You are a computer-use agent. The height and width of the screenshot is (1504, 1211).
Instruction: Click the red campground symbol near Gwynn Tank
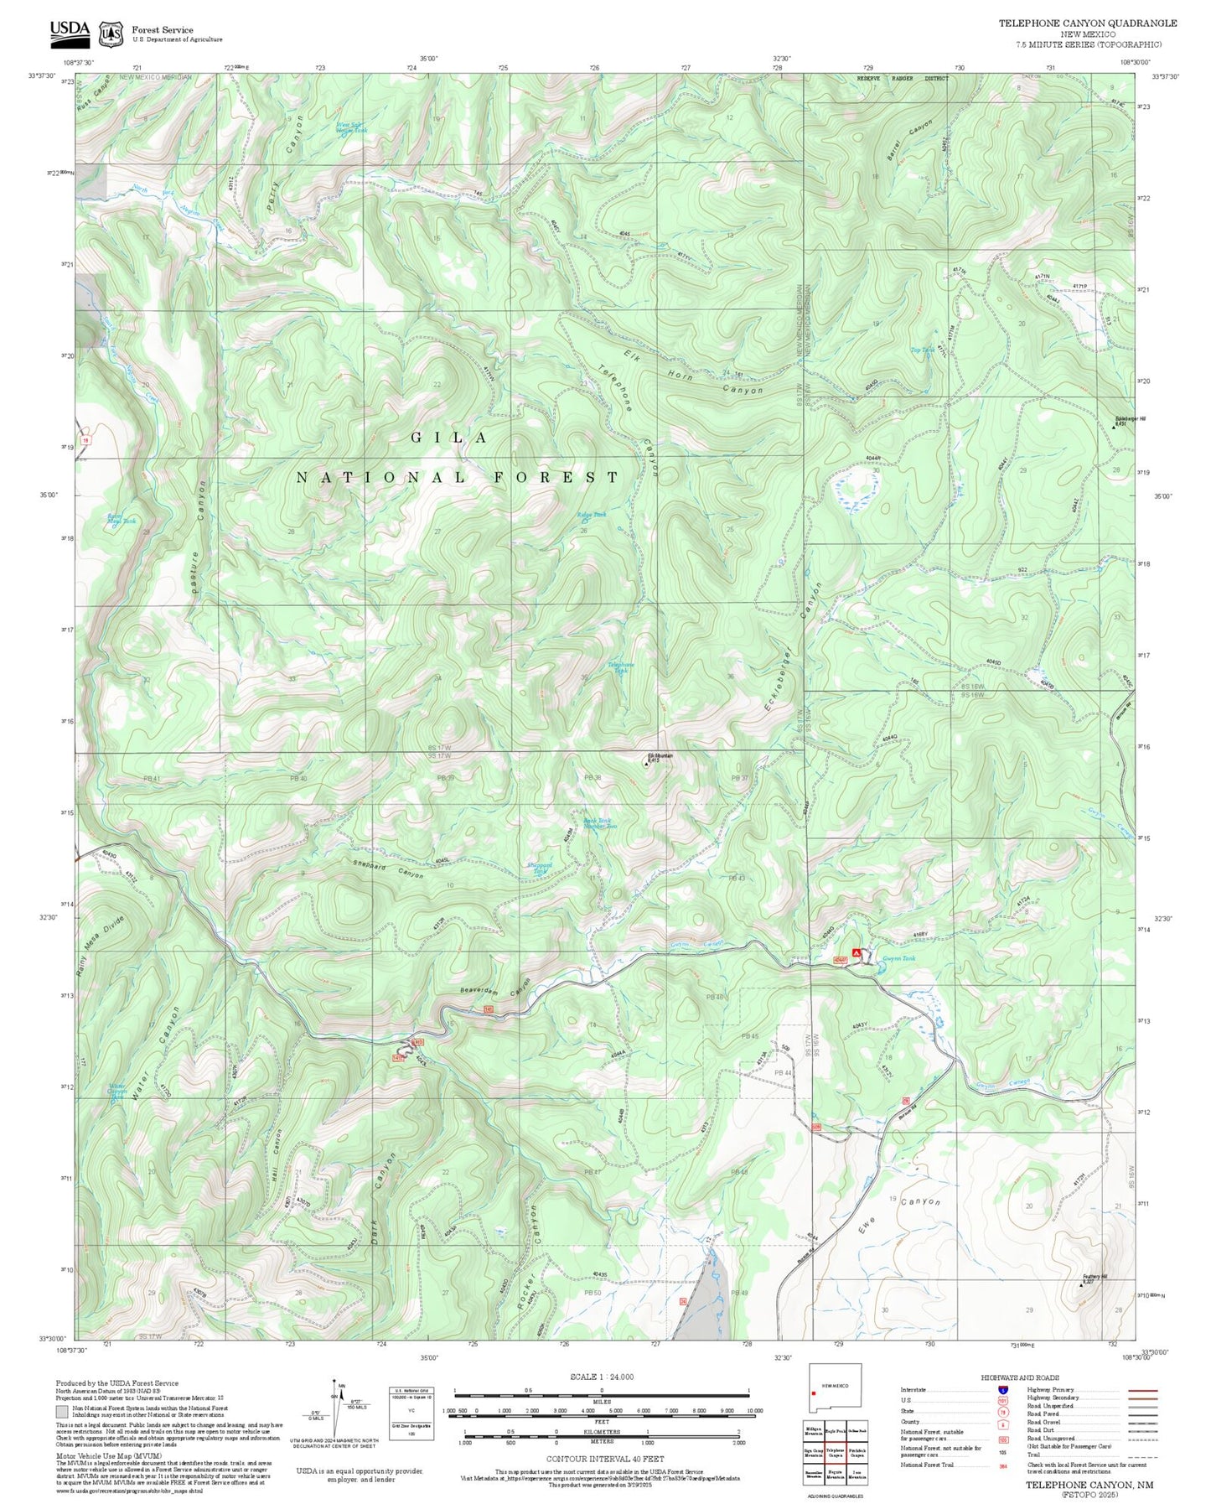click(856, 953)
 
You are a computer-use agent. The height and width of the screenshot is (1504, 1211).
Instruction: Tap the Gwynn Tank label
click(898, 958)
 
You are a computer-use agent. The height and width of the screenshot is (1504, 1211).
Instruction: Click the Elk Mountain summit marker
click(646, 763)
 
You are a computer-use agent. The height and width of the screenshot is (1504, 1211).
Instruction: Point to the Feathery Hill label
click(1095, 1277)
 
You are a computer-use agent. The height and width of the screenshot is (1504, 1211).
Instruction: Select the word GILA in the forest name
click(449, 438)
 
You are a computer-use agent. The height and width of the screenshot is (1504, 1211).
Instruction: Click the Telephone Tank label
click(621, 667)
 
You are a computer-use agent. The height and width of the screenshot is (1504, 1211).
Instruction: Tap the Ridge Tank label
click(592, 515)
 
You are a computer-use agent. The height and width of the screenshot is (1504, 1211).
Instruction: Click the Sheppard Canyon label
click(387, 869)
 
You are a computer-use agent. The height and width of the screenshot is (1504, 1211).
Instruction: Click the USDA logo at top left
click(70, 31)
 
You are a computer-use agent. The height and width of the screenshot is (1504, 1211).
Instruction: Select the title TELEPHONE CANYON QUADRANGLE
click(1087, 23)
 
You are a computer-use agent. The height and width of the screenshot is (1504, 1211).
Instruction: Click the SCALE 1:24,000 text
click(601, 1377)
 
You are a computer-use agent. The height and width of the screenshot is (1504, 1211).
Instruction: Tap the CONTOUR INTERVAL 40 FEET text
click(605, 1459)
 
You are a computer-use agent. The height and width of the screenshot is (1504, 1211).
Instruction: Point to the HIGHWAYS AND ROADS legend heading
click(1019, 1377)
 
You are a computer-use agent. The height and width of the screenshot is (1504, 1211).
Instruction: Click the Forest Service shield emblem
click(111, 34)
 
